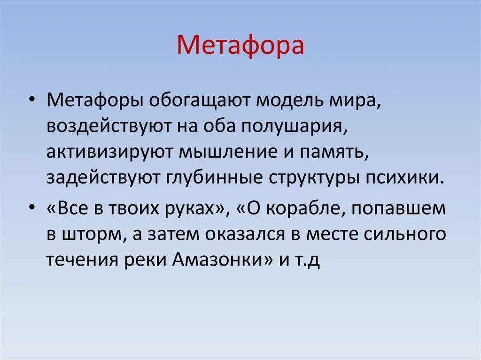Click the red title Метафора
(x=240, y=46)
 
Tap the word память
(x=331, y=152)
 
